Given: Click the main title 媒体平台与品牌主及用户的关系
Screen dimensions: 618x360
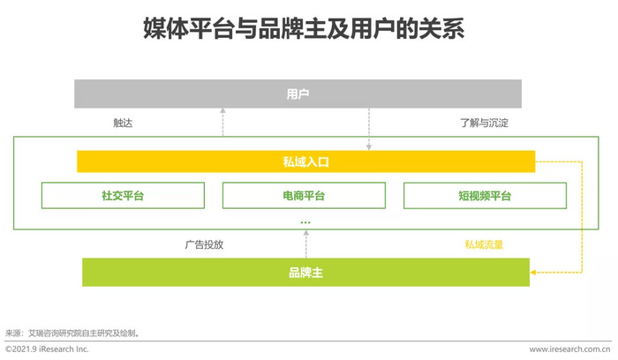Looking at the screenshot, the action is pos(304,29).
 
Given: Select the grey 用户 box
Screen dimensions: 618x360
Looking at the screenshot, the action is pos(298,94).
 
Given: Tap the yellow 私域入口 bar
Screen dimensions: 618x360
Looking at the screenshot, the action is pos(305,161).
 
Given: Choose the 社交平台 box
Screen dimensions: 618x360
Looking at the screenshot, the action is pos(123,195).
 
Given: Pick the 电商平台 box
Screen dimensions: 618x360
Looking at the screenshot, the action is pos(304,195).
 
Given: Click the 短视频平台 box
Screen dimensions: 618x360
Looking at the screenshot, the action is pos(485,195).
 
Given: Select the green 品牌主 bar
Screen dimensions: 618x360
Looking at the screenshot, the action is pos(305,272).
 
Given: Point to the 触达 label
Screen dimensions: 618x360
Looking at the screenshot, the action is pos(123,123).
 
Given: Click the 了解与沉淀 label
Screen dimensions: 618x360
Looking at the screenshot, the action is pos(484,123).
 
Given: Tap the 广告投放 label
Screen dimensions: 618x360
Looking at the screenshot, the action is pos(204,244).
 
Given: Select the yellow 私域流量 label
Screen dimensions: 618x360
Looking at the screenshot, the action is pos(484,244).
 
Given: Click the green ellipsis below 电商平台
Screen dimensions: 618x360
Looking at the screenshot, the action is pos(305,222).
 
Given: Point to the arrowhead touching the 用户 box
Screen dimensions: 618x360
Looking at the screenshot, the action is pos(222,110).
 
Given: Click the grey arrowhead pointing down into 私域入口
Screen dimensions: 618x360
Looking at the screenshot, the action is pos(369,147).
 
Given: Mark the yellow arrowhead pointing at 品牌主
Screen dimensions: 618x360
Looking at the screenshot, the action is pos(533,272).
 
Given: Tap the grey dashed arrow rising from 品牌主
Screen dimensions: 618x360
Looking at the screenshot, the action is pos(305,244).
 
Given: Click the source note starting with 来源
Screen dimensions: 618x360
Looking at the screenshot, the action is pos(72,334).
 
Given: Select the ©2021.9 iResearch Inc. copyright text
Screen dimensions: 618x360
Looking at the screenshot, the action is pos(47,349).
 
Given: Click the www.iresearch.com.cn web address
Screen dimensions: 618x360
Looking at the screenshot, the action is pos(569,349).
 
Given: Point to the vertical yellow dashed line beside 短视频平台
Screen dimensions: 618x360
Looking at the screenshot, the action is pos(582,217).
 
